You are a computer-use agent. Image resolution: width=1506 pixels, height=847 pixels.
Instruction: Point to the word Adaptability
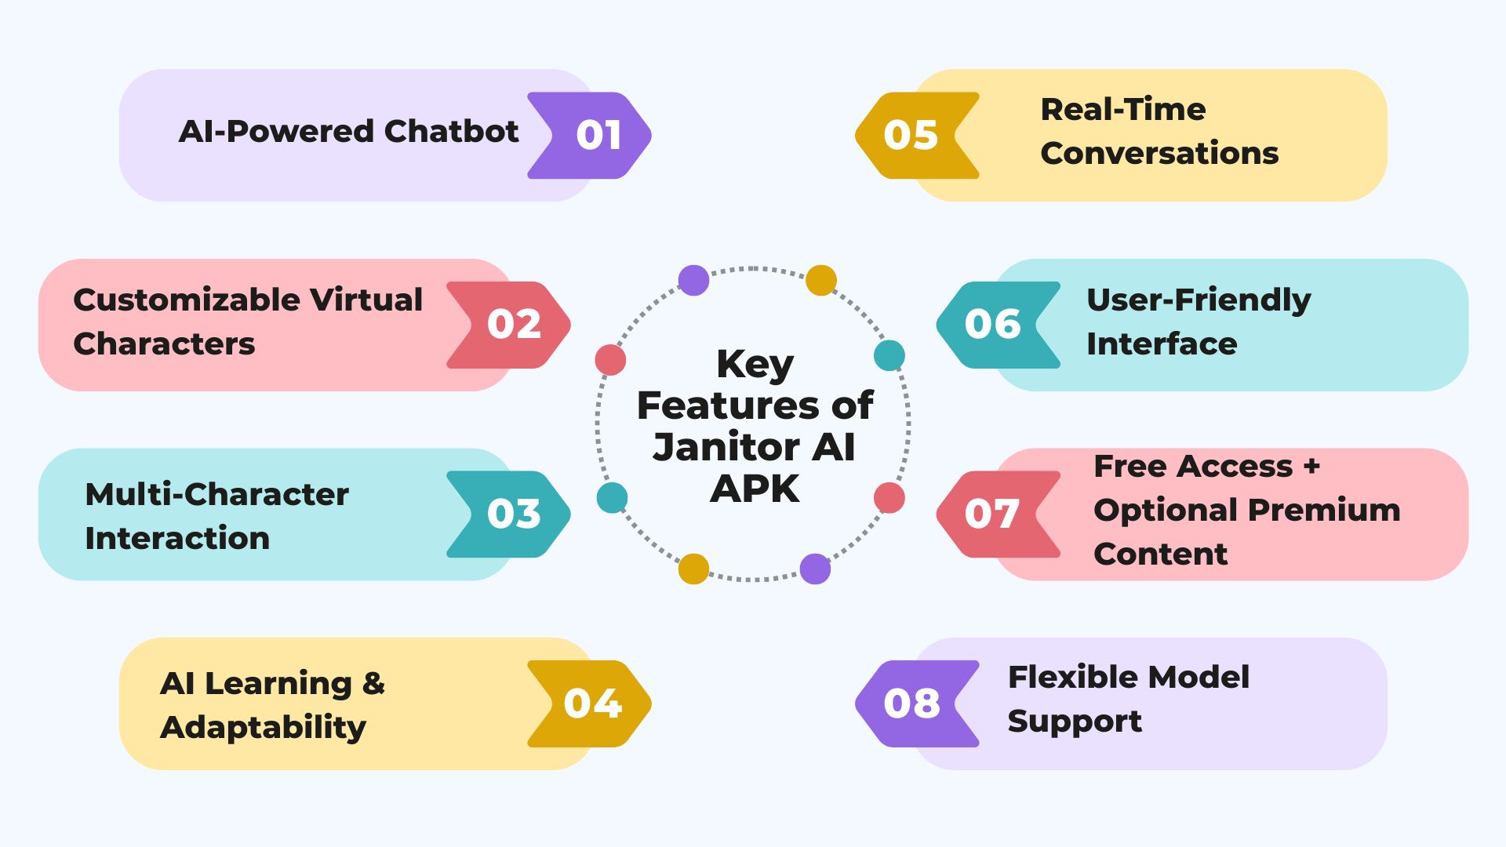[x=263, y=728]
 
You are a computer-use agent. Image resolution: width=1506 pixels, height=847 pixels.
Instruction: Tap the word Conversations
[x=1159, y=154]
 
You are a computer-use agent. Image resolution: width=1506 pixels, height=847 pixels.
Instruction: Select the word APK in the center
[x=755, y=489]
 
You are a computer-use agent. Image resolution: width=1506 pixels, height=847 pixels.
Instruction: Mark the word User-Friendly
[x=1198, y=300]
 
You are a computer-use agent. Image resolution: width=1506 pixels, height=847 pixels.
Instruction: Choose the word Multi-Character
[x=216, y=495]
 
